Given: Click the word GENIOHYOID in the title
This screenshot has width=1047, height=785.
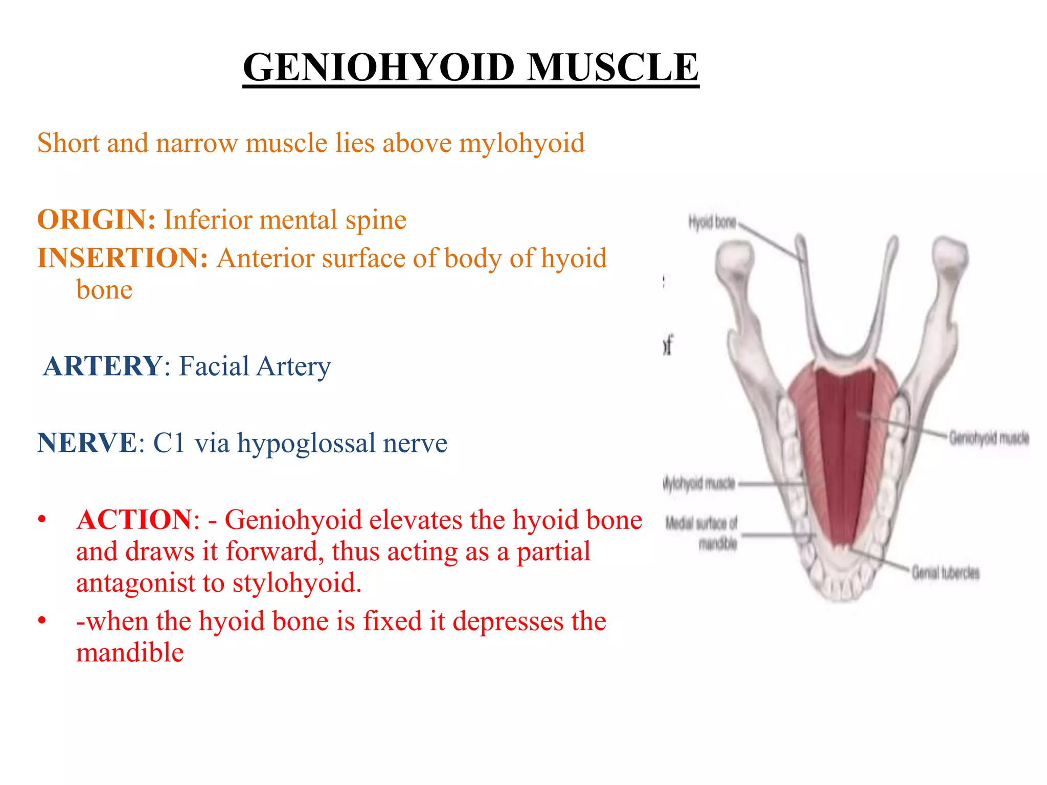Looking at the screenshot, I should click(378, 67).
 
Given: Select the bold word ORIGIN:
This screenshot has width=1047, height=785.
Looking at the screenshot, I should click(96, 220).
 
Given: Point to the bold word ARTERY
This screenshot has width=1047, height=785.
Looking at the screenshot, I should click(103, 366).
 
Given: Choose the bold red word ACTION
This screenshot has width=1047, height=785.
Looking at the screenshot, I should click(134, 520).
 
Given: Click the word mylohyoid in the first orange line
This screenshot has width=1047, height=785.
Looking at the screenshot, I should click(521, 144).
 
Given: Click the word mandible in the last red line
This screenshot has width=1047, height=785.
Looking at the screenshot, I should click(130, 653).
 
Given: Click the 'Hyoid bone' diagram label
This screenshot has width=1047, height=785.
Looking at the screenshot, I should click(712, 223).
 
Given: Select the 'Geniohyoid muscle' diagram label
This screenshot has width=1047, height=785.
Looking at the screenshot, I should click(989, 438).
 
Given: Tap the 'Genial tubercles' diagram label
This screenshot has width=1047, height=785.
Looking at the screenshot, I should click(945, 573).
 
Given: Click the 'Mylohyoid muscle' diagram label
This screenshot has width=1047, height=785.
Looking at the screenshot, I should click(699, 483).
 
